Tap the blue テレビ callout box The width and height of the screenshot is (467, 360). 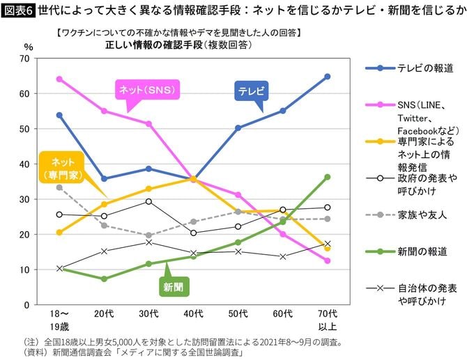click(x=250, y=91)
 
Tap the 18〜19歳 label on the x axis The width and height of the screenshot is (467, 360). click(x=59, y=320)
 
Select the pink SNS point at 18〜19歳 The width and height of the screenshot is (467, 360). click(x=59, y=79)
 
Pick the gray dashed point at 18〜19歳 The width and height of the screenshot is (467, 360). click(x=59, y=187)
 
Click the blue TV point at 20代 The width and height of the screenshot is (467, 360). click(x=104, y=178)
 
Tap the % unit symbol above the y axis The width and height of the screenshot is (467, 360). click(x=29, y=46)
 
